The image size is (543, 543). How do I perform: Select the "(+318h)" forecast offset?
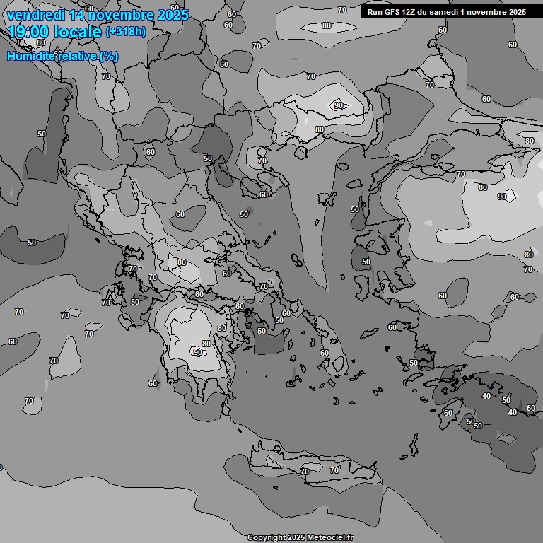point(125,32)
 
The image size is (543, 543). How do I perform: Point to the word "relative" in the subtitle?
point(76,56)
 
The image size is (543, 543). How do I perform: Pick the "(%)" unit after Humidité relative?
point(109,56)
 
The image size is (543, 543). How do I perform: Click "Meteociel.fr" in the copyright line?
point(329,538)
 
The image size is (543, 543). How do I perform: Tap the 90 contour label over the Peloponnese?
point(198,351)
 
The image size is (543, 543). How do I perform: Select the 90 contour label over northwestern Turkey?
point(502,197)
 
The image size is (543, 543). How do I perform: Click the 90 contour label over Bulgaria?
point(339,105)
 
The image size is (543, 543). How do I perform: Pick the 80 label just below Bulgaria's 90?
point(320,130)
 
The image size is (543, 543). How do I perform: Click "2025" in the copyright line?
point(296,538)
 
